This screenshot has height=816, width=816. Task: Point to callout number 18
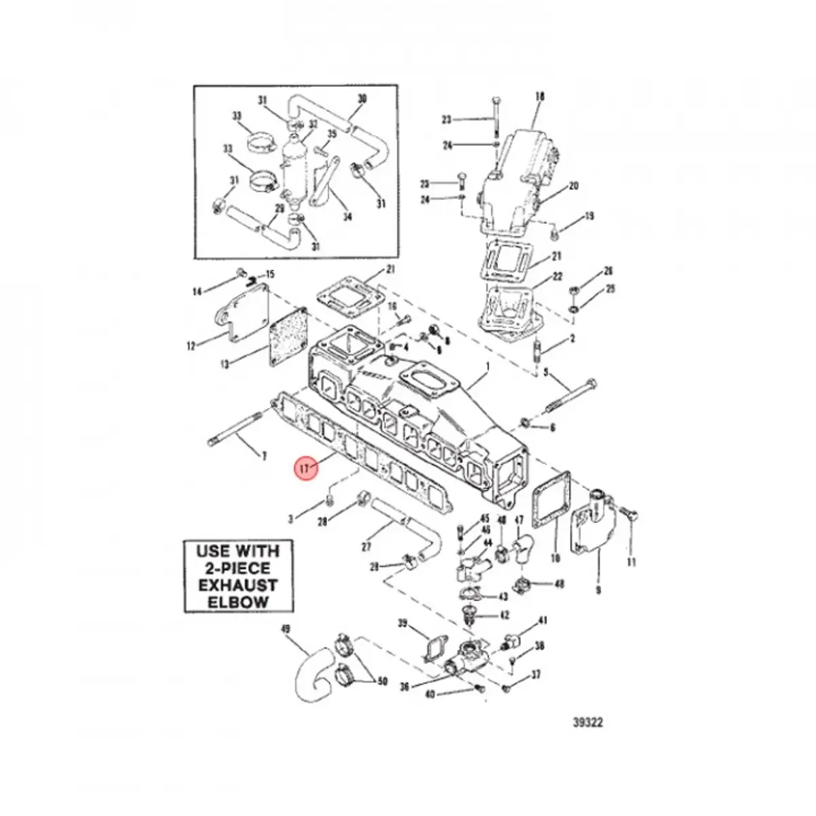tap(541, 97)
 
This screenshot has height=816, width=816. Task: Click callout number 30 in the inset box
tap(362, 99)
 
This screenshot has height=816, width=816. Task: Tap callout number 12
tap(191, 346)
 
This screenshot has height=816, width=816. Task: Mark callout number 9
tap(598, 590)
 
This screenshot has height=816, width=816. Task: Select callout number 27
tap(367, 546)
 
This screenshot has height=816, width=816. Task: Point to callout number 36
tap(405, 687)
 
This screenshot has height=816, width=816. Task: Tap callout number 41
tap(543, 620)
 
